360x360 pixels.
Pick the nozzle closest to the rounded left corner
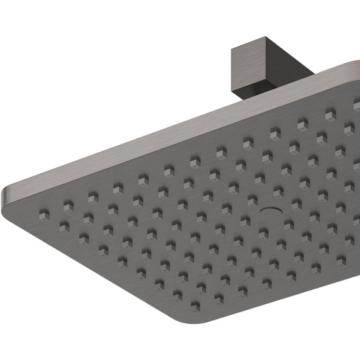pyautogui.click(x=43, y=214)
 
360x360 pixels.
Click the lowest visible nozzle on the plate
pyautogui.click(x=196, y=306)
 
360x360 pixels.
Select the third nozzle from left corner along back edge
pyautogui.click(x=92, y=196)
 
